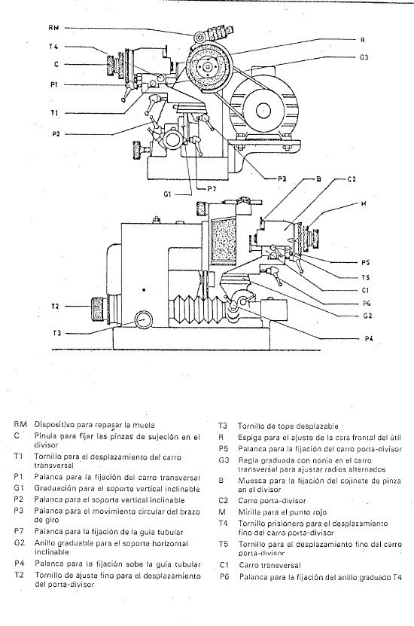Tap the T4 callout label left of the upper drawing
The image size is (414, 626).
coord(50,47)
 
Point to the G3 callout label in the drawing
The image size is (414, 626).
coord(364,56)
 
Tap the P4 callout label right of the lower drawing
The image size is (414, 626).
coord(369,339)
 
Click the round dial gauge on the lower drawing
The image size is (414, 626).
coord(141,322)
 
